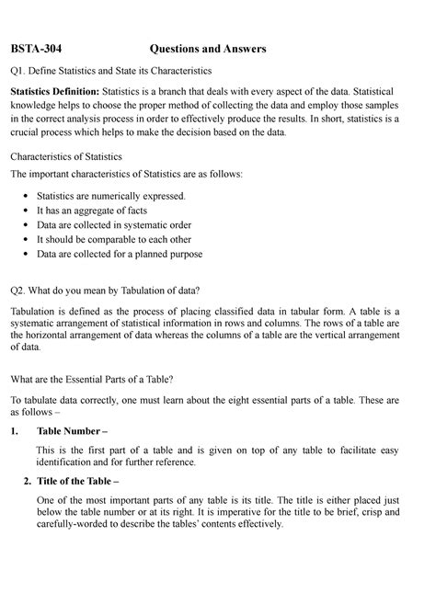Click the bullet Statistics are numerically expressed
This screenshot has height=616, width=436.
point(110,196)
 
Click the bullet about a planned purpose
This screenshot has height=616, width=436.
point(119,254)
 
